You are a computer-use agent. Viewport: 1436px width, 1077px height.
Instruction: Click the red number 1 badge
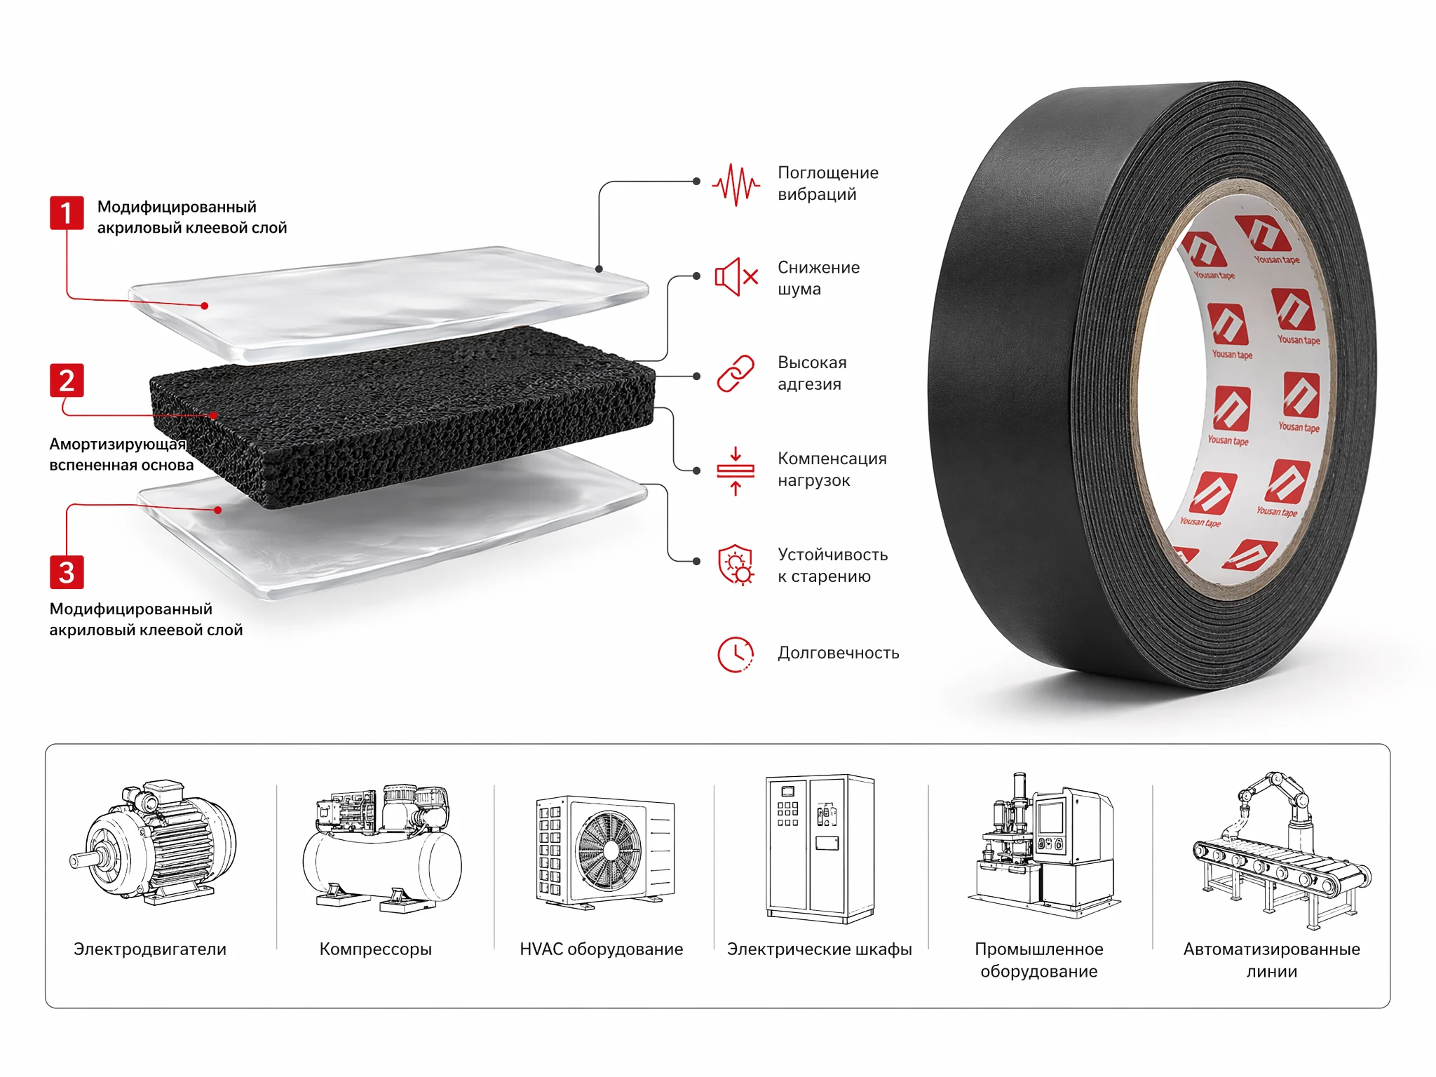coord(67,213)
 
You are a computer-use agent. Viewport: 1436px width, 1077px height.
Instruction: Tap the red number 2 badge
coord(67,381)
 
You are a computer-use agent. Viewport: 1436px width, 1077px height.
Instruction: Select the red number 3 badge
coord(67,572)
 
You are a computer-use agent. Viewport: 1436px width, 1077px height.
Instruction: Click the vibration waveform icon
coord(736,184)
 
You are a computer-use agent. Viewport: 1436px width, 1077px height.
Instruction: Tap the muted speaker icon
coord(736,277)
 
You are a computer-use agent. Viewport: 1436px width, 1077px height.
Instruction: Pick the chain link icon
coord(736,373)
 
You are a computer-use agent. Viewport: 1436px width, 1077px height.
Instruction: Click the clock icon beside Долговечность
coord(736,654)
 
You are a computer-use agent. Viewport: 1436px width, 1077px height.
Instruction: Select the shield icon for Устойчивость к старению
coord(736,564)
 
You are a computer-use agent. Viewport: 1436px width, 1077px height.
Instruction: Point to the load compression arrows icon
coord(736,471)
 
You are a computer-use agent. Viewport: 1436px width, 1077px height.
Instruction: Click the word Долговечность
coord(838,653)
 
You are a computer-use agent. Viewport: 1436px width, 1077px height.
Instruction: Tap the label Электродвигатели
coord(150,949)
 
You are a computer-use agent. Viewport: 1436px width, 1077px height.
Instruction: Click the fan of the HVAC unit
coord(609,851)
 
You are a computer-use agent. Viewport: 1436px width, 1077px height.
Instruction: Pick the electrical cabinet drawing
coord(820,848)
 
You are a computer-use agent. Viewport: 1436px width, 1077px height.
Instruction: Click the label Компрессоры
coord(376,949)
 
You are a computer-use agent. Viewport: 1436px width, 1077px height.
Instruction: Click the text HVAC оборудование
coord(602,949)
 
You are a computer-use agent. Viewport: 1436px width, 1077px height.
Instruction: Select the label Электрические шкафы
coord(820,949)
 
